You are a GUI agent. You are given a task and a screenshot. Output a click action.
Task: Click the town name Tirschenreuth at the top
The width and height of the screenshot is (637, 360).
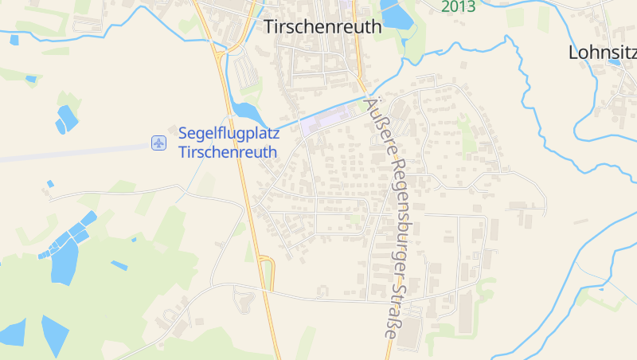pos(322,27)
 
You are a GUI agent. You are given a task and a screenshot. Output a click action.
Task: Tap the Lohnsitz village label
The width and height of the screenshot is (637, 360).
pos(603,53)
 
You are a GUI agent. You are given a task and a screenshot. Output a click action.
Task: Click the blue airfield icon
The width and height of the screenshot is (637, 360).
pos(158,143)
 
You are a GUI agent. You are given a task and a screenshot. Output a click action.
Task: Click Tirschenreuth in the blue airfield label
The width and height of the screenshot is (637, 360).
pos(228,152)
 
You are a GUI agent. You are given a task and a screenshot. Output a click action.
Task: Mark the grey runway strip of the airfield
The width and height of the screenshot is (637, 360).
pos(64,151)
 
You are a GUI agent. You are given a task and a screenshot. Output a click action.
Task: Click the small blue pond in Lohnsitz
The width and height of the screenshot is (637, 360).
pos(613,61)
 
